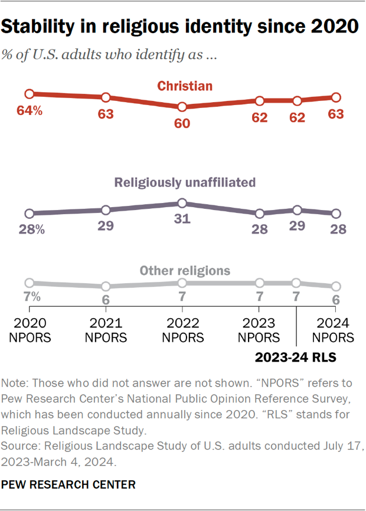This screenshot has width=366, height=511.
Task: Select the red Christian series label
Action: [184, 87]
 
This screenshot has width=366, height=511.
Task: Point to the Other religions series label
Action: [184, 271]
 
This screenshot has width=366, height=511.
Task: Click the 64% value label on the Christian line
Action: [30, 110]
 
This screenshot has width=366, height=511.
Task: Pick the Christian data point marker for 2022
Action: [182, 107]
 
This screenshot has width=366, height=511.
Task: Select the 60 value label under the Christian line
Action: [182, 125]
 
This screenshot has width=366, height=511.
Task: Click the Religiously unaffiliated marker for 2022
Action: [182, 204]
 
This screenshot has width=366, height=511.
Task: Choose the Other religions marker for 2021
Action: [106, 286]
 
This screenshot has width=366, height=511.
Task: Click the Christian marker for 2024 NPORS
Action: [336, 97]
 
